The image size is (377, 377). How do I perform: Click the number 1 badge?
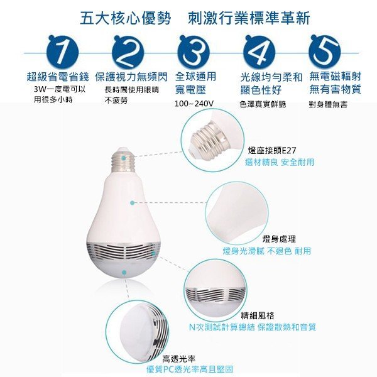coord(63,52)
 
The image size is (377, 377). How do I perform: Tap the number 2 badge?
coord(128,52)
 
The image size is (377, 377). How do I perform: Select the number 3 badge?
coord(194,52)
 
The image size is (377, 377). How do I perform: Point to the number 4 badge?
coord(259,52)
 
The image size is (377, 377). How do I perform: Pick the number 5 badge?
coord(324,52)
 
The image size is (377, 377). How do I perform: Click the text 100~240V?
coord(194,104)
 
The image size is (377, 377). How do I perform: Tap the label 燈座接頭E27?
coord(272,151)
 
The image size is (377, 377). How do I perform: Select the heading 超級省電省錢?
coord(58,77)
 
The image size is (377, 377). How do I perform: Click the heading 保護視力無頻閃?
coord(131,77)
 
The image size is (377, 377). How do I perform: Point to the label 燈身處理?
coord(279,239)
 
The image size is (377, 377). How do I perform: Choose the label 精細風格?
coord(258,315)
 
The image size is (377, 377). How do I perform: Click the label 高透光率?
coord(179,359)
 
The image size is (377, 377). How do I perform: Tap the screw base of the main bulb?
coord(123,160)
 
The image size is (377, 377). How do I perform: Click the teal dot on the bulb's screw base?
coord(123,158)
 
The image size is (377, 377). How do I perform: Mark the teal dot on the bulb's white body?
coord(132,203)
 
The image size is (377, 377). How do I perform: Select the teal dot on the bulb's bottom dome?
coord(124,273)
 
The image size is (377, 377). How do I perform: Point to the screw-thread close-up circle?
coord(212,140)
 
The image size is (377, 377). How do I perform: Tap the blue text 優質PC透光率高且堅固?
coord(190,369)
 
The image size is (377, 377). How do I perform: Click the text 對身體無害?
coord(328,104)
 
